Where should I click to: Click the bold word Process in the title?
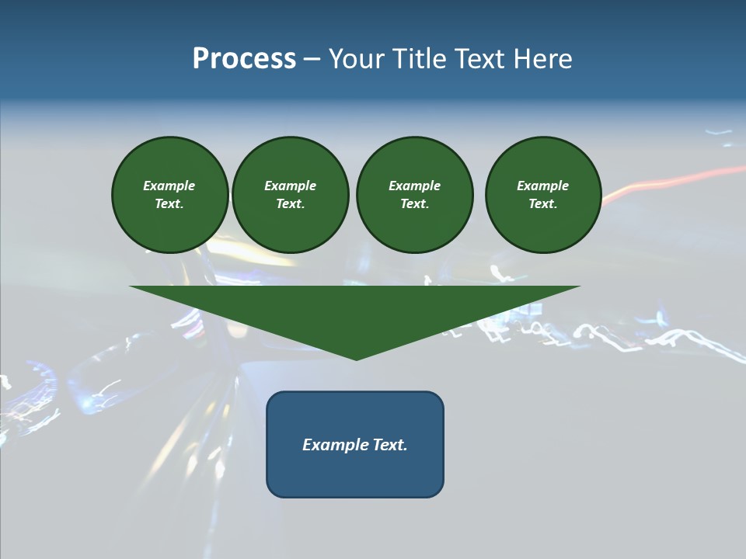[244, 59]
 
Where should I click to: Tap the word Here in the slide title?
[542, 59]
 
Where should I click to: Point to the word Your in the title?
[358, 59]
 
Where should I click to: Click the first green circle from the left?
[170, 195]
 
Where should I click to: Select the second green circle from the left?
[291, 195]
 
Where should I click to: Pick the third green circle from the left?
[415, 195]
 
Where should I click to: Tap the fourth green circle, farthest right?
[543, 195]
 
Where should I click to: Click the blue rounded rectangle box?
[355, 444]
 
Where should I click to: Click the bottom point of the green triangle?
[356, 358]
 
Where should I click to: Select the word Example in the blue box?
[336, 445]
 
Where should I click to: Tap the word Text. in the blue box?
[390, 445]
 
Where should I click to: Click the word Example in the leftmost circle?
[169, 186]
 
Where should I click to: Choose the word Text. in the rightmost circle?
[543, 204]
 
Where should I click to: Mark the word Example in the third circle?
[415, 186]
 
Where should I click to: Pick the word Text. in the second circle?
[291, 204]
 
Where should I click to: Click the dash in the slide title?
[312, 59]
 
